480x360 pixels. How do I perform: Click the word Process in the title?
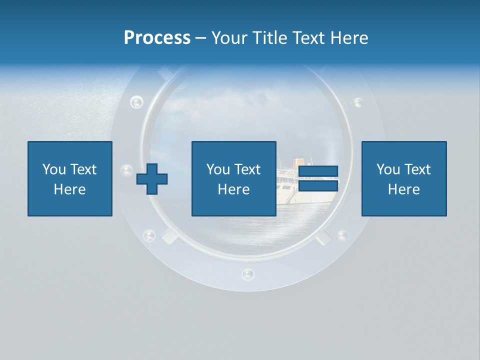click(x=157, y=38)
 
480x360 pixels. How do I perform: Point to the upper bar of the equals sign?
click(x=318, y=172)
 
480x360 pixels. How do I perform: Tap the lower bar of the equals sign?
click(x=318, y=185)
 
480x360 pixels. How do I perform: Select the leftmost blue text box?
click(x=70, y=178)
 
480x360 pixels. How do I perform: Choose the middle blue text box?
click(x=233, y=178)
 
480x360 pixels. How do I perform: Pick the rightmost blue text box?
click(x=403, y=178)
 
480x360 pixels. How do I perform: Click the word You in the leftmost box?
click(x=53, y=169)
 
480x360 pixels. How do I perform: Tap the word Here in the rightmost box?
click(x=403, y=189)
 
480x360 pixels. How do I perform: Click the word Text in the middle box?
click(x=247, y=169)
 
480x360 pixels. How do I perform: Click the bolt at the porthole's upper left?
click(x=136, y=102)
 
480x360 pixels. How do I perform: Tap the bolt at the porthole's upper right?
click(x=358, y=102)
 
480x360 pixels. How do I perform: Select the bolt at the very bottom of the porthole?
click(x=247, y=273)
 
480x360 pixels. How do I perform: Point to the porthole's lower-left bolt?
click(x=149, y=235)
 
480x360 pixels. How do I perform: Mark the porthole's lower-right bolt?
click(x=342, y=235)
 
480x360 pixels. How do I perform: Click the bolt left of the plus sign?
click(x=127, y=170)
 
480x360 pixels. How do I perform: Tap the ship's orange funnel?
click(x=298, y=162)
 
